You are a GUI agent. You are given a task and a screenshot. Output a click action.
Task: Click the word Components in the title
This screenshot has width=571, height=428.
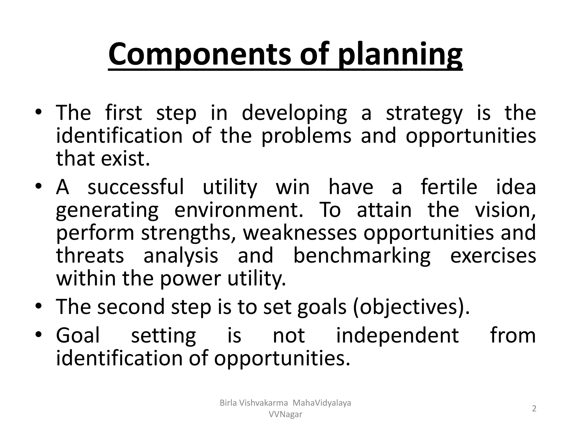[x=201, y=53]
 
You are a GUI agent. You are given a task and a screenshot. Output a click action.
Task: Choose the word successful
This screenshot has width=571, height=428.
[x=136, y=187]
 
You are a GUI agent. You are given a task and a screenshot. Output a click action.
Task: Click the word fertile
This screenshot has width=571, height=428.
[x=449, y=187]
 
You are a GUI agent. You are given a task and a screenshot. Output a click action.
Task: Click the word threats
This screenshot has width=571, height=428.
[x=90, y=256]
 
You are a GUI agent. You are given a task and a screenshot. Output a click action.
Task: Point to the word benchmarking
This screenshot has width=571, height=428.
[x=362, y=256]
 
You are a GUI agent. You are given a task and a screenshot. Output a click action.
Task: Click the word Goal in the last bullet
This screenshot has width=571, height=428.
[x=78, y=335]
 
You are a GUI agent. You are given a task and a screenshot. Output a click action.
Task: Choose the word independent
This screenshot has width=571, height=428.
[x=398, y=335]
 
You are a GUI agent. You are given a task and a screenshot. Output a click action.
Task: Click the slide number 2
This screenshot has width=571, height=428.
[x=534, y=409]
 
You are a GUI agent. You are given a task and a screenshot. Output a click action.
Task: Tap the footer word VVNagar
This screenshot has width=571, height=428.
[x=285, y=415]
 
